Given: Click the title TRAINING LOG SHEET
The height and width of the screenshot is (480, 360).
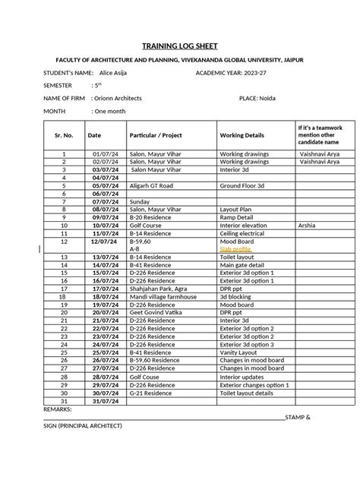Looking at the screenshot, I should [180, 45].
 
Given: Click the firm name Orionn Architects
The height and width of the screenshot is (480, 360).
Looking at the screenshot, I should [117, 98].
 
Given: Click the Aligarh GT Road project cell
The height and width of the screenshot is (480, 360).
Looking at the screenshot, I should [151, 185].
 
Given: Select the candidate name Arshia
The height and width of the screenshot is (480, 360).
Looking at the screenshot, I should [307, 226].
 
